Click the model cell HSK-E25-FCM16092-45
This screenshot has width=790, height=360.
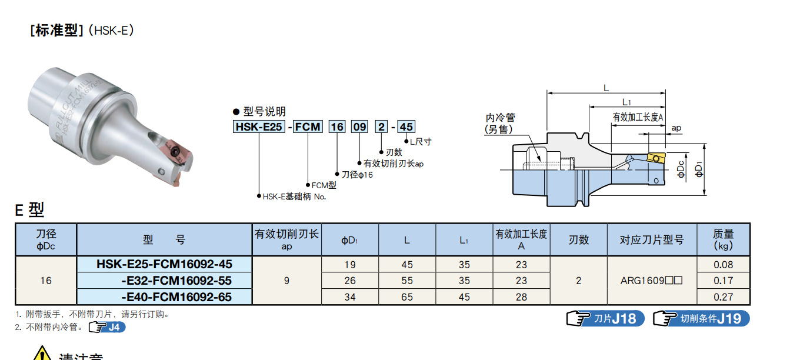pos(164,264)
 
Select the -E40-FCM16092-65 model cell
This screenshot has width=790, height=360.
pos(176,297)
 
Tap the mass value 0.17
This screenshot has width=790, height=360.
pos(723,281)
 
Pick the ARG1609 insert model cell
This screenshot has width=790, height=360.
pos(651,281)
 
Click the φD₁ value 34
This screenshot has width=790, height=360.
pos(350,297)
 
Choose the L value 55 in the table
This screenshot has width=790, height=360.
pos(407,281)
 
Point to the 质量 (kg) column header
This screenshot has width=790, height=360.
pos(723,239)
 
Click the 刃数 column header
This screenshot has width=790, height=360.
pos(578,239)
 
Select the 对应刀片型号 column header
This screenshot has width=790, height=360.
pos(651,239)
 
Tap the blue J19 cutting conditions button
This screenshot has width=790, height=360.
pos(701,319)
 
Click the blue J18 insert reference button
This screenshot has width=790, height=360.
pos(605,319)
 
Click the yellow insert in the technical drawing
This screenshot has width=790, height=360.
pos(654,159)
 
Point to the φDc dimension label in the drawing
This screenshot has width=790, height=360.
pos(681,170)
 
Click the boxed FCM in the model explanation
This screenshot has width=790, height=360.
pos(308,126)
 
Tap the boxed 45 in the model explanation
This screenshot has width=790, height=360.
pos(406,126)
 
